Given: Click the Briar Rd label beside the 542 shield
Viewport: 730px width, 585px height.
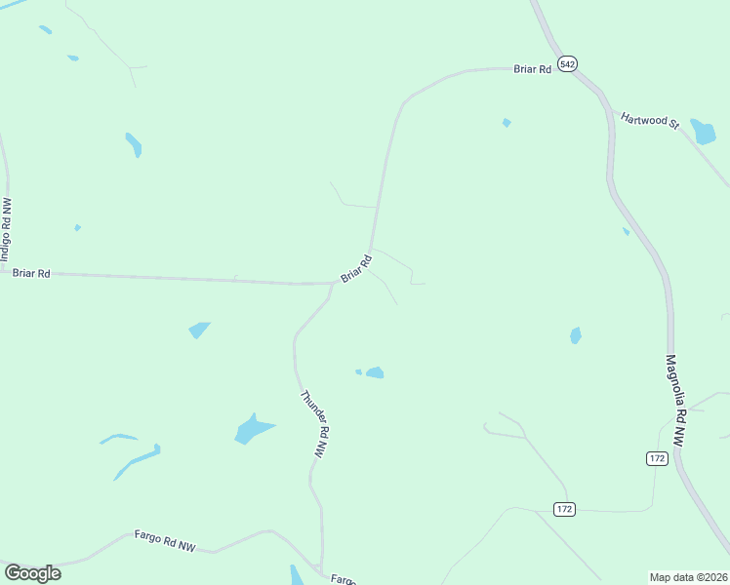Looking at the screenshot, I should click(533, 69).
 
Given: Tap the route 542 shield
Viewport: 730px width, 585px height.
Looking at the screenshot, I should click(569, 63).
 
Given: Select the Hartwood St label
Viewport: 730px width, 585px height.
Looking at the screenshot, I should click(649, 121).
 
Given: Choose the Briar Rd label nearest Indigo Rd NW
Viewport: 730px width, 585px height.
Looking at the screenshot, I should click(31, 274).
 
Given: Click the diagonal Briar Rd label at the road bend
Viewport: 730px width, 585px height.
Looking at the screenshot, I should click(356, 269).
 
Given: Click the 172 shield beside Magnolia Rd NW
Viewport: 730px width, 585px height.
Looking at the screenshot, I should click(656, 458).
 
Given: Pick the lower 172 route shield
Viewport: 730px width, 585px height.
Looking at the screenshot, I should click(564, 509).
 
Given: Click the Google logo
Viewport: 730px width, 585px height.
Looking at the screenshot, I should click(32, 573).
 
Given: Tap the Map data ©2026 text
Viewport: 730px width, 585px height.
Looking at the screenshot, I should click(688, 576).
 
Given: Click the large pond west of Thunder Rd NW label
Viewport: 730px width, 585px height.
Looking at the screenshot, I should click(253, 429).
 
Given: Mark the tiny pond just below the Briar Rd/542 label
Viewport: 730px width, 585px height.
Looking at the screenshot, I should click(506, 123).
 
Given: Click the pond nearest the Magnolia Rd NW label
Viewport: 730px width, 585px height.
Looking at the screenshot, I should click(576, 335).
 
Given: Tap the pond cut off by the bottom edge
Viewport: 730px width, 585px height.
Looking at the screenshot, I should click(297, 575).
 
